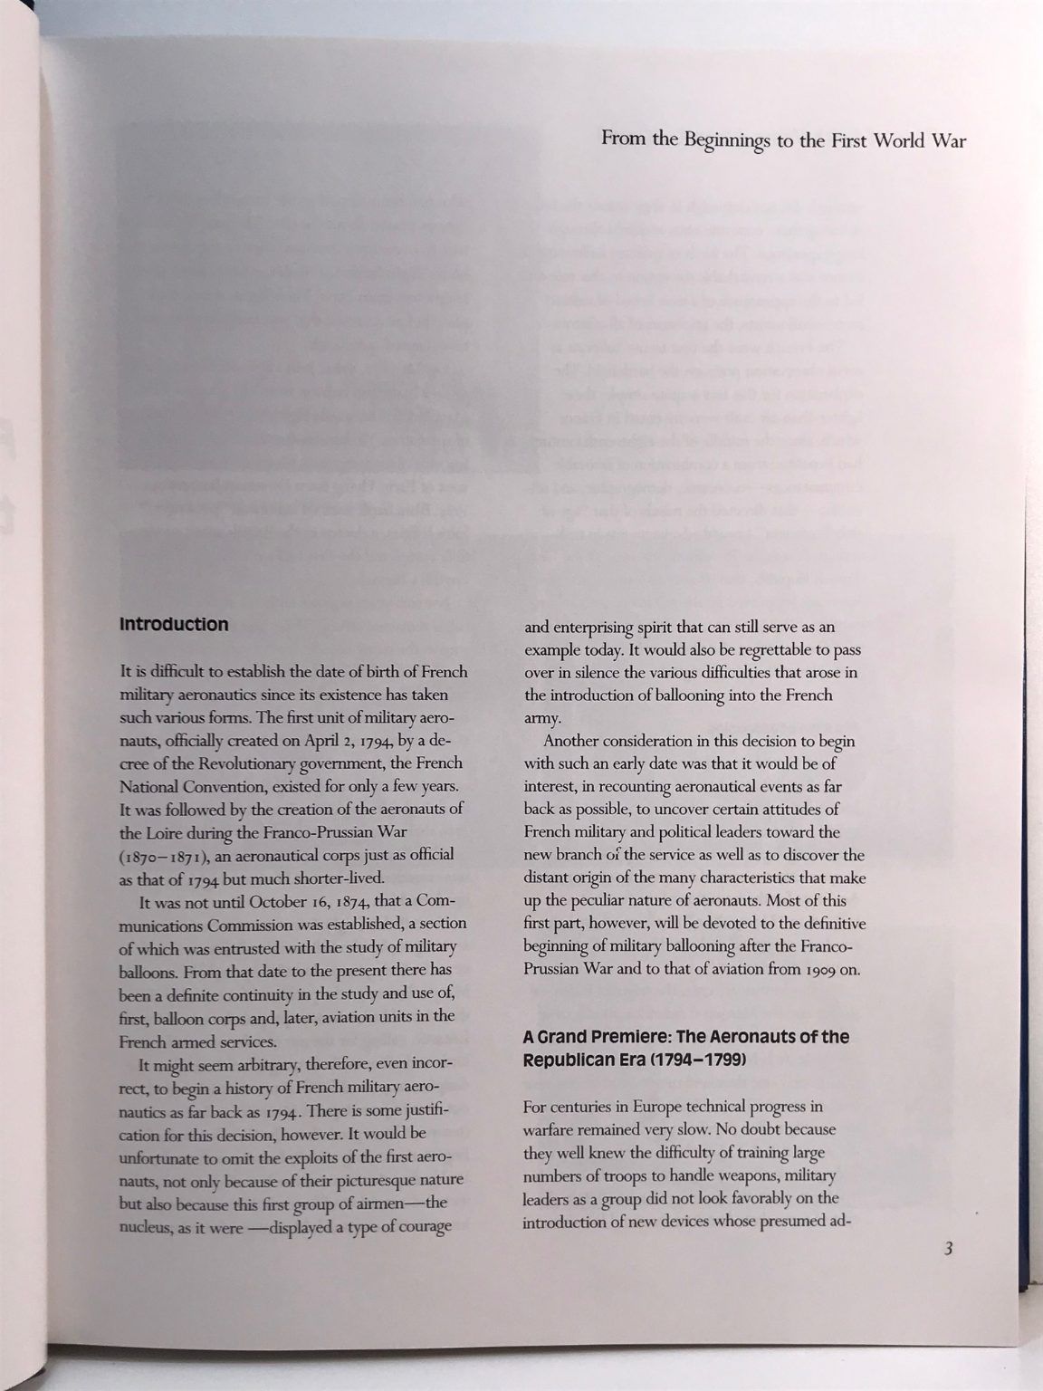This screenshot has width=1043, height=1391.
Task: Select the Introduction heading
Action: point(174,625)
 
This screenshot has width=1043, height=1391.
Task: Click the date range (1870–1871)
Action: point(161,856)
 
